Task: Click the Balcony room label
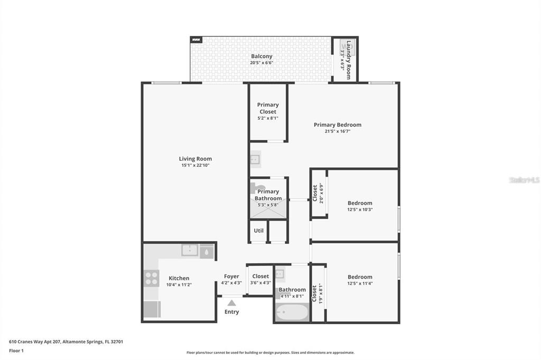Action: [x=262, y=56]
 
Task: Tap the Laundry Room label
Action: [x=348, y=59]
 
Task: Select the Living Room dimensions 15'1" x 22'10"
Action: [x=195, y=166]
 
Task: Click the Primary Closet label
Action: [x=268, y=108]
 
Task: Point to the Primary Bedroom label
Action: [x=338, y=125]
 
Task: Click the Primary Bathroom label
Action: [x=268, y=195]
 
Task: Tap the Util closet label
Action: [x=258, y=231]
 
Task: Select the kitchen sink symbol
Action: [x=190, y=250]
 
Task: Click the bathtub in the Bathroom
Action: [x=291, y=312]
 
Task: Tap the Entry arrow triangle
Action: [x=231, y=302]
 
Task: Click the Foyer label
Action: [x=231, y=276]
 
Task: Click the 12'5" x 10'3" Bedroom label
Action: [x=360, y=203]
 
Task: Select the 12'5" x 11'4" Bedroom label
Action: [x=360, y=277]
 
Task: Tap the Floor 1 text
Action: [x=17, y=350]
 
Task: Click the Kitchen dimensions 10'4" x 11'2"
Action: [x=179, y=285]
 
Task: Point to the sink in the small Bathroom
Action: [x=279, y=273]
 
